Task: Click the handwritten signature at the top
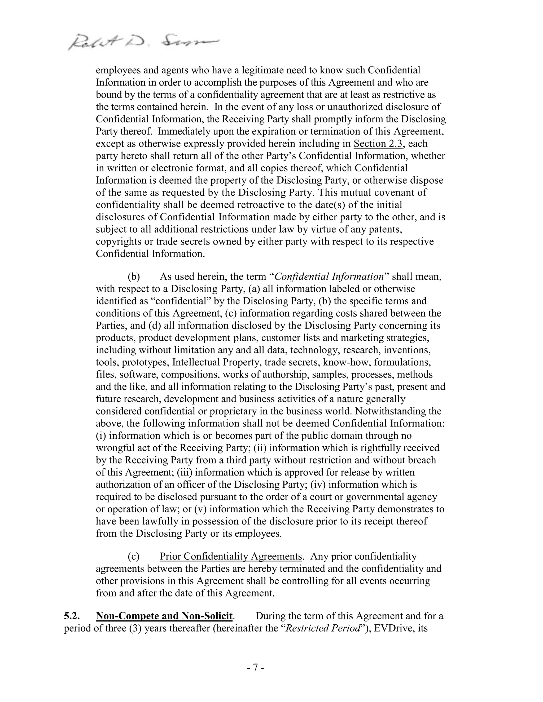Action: (x=143, y=42)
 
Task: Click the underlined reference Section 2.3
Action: (x=378, y=144)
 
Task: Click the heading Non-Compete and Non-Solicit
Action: (x=164, y=616)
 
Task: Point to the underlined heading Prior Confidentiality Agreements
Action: (x=231, y=556)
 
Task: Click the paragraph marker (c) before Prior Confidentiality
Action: (x=134, y=556)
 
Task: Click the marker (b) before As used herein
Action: (x=134, y=277)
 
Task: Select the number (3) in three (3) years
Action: (x=135, y=628)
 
